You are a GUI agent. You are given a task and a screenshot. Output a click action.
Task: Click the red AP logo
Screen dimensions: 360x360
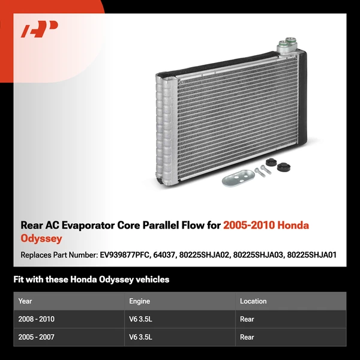40,28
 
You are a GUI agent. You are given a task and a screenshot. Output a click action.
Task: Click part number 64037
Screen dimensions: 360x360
175,255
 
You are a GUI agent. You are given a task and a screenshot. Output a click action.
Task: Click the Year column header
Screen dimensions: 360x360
25,301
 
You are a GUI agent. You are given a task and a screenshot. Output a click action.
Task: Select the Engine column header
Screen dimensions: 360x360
140,301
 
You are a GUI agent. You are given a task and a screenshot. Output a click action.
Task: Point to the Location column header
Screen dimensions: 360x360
253,301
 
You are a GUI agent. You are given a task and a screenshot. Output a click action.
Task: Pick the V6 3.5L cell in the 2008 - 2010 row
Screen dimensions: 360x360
141,319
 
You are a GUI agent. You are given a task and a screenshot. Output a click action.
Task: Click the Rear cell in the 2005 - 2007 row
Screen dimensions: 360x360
247,337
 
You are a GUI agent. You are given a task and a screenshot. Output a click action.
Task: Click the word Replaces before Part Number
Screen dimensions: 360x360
37,255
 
